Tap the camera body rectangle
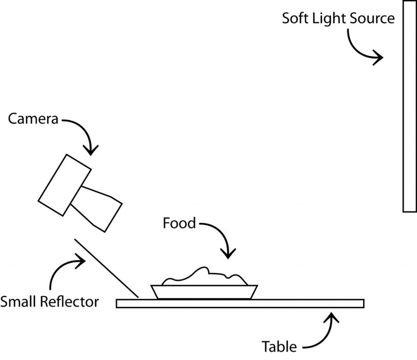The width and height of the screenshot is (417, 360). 64,184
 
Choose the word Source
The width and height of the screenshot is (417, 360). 373,19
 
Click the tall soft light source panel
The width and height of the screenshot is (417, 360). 409,106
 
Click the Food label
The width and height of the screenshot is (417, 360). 179,223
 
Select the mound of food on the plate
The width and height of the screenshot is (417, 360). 204,277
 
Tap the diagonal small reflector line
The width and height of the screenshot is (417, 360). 106,267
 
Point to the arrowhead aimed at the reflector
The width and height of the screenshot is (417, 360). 81,259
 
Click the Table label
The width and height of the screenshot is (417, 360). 279,347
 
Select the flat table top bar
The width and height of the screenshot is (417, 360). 240,303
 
